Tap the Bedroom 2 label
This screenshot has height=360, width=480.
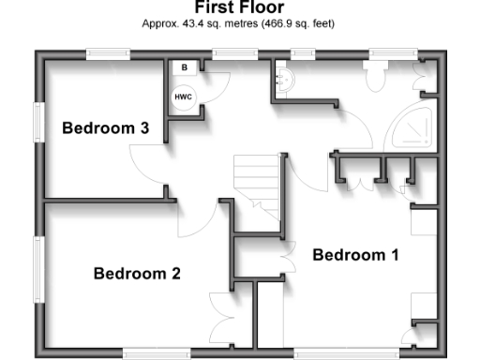click(x=137, y=274)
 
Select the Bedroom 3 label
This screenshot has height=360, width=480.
click(x=106, y=128)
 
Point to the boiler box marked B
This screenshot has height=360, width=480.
click(x=185, y=68)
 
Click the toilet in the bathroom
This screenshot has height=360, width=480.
click(x=377, y=76)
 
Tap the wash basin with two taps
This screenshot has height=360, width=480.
click(x=282, y=82)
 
